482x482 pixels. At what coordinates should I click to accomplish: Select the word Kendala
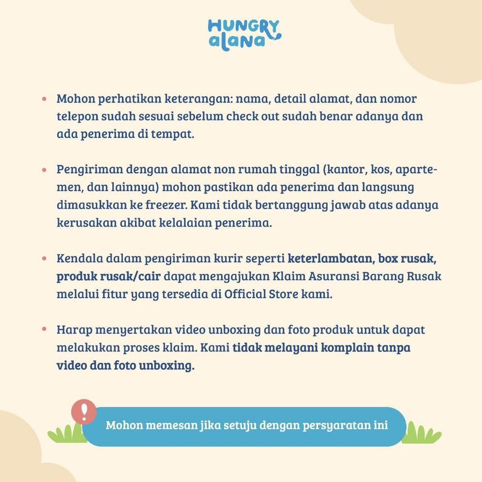(78, 258)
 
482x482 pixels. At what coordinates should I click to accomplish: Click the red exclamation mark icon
(84, 411)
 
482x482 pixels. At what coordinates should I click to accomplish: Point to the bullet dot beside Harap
(44, 329)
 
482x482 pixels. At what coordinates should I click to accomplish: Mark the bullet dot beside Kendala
(44, 257)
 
